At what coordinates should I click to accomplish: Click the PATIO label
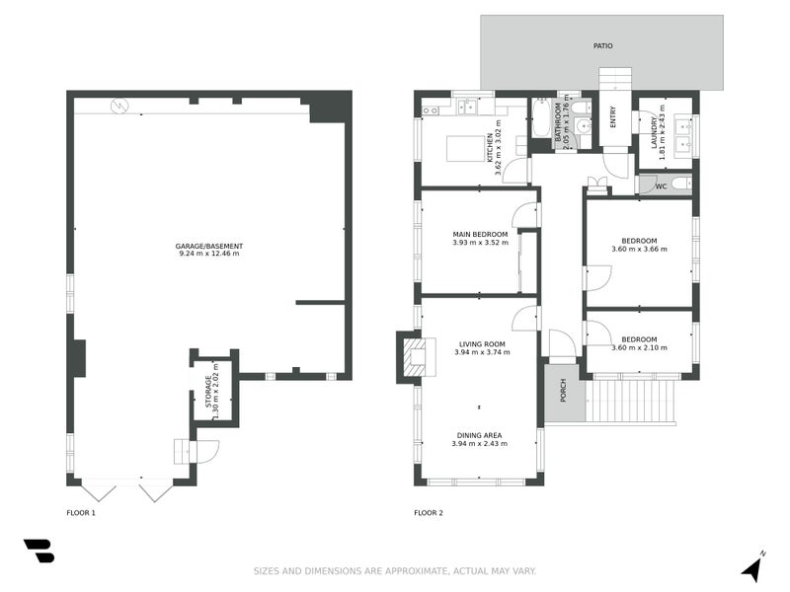[x=602, y=45]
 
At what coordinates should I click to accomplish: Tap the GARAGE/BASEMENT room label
[x=209, y=246]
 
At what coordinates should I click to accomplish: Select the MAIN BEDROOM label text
[x=480, y=234]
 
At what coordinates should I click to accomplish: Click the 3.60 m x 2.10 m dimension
[x=639, y=347]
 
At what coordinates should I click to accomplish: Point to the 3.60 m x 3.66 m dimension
[x=639, y=249]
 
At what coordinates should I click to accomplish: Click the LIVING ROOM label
[x=482, y=344]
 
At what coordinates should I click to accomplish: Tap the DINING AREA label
[x=479, y=435]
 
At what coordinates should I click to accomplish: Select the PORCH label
[x=563, y=390]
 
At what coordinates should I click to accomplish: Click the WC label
[x=661, y=186]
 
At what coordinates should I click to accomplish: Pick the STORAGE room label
[x=208, y=392]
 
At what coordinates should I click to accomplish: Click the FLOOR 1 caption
[x=81, y=513]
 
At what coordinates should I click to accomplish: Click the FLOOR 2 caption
[x=429, y=513]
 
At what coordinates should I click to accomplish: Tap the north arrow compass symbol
[x=752, y=566]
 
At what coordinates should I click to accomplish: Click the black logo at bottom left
[x=39, y=551]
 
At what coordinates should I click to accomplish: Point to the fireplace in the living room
[x=417, y=357]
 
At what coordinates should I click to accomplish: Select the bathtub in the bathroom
[x=541, y=117]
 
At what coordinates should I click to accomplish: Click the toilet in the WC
[x=681, y=185]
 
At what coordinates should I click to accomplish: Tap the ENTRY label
[x=613, y=116]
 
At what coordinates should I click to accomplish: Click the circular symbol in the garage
[x=119, y=107]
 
